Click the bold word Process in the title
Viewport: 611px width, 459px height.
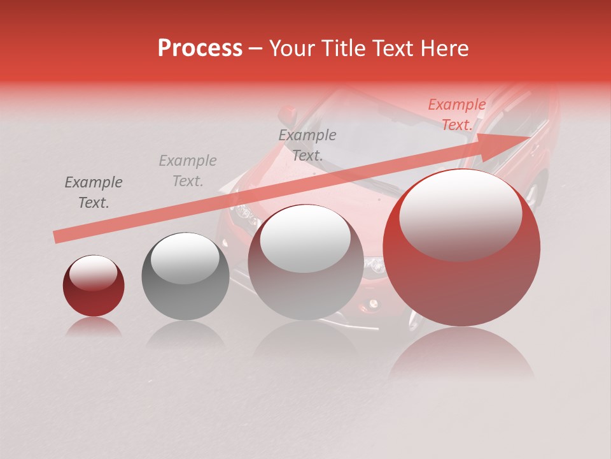pos(200,48)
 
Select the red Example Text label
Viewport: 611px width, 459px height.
pos(456,115)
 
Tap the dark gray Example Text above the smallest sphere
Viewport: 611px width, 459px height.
pos(94,193)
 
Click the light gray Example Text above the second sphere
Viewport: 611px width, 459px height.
pos(188,171)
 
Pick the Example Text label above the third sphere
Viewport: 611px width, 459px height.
pos(307,145)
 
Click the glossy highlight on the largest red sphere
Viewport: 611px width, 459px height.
pos(460,214)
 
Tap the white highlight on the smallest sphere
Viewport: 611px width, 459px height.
pos(93,273)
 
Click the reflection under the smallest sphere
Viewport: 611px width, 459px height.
pos(94,326)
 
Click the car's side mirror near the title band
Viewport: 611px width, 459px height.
pos(289,115)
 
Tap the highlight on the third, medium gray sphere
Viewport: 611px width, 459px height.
pos(305,237)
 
